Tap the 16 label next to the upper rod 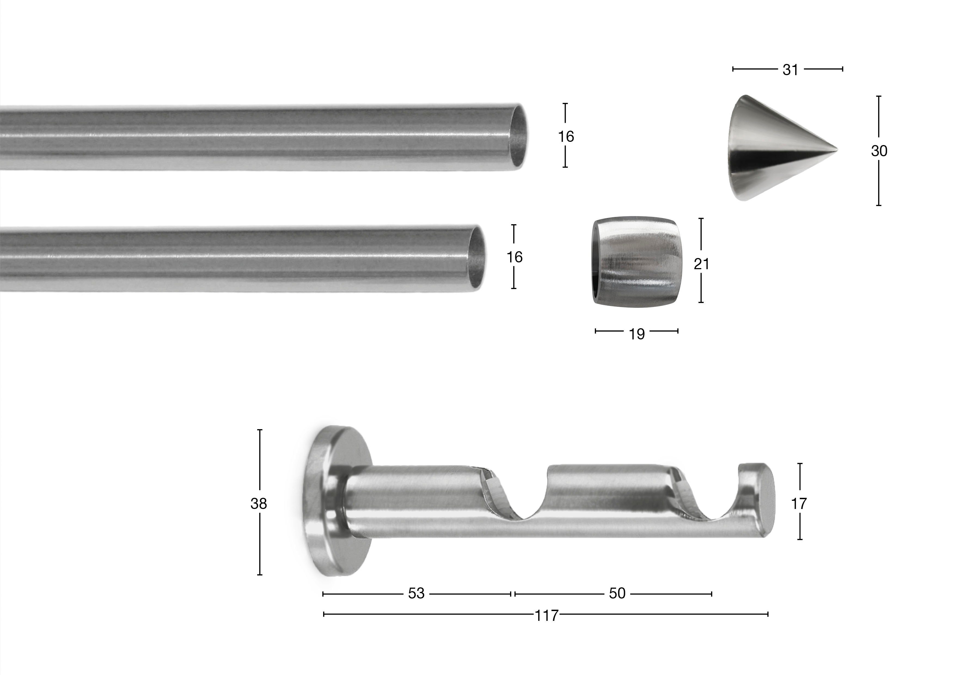[x=566, y=136]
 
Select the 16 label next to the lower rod [x=515, y=257]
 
